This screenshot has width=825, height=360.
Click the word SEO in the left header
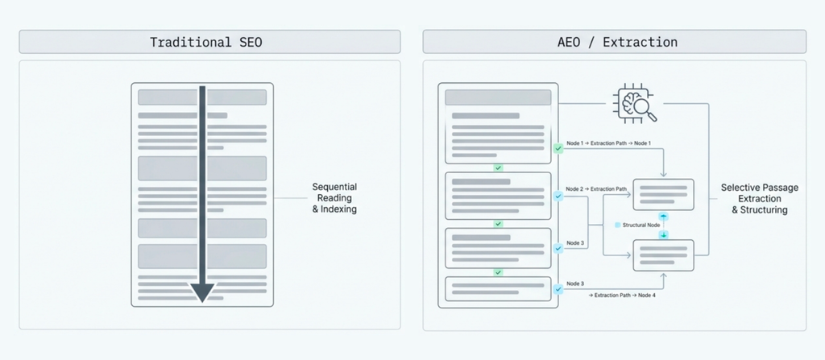pos(248,42)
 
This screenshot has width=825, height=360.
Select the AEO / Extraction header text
pos(617,42)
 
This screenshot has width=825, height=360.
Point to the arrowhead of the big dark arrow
pos(202,292)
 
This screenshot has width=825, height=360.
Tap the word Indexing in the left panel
pos(338,209)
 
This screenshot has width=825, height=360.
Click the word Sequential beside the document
pos(334,187)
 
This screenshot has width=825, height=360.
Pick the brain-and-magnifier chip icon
pos(634,104)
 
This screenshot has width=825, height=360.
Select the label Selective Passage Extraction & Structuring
pos(759,198)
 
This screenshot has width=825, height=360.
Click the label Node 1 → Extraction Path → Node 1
pos(608,143)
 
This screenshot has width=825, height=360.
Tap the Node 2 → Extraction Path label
pos(596,188)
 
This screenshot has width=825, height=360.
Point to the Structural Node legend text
pos(641,225)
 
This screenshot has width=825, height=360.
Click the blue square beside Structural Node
pos(618,225)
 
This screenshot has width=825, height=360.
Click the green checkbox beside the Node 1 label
pos(558,148)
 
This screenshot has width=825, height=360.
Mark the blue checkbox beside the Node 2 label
pos(558,197)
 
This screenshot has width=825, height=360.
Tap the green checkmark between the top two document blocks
pos(498,168)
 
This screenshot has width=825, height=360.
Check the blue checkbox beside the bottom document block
pos(558,289)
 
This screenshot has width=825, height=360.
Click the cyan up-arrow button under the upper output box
pos(664,217)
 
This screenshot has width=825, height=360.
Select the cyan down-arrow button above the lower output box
pos(664,234)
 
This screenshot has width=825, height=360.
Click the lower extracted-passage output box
pos(664,255)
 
